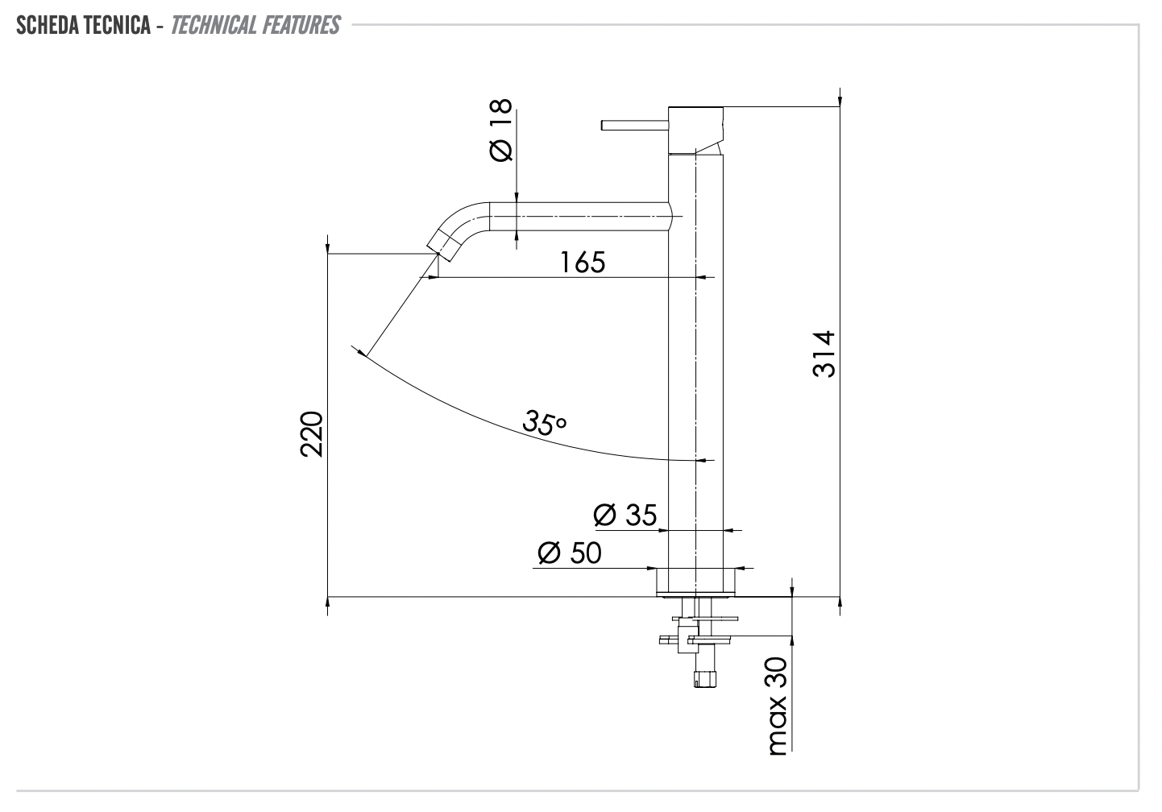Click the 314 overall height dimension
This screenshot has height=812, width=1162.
(824, 354)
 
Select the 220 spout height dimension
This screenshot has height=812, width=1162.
(312, 434)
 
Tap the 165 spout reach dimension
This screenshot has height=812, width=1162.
(583, 262)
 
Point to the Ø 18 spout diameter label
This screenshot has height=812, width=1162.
(500, 130)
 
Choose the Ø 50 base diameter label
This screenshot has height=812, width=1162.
(569, 553)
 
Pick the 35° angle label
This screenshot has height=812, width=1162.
(545, 422)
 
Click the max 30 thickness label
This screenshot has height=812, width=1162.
(778, 706)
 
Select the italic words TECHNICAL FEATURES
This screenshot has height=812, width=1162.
(255, 26)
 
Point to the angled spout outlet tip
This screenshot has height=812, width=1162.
(442, 241)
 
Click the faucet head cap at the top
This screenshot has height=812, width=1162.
(696, 128)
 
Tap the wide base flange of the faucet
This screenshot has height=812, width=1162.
(696, 581)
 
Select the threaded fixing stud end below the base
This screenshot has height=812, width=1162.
(703, 679)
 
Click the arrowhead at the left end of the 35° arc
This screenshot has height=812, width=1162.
(359, 350)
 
